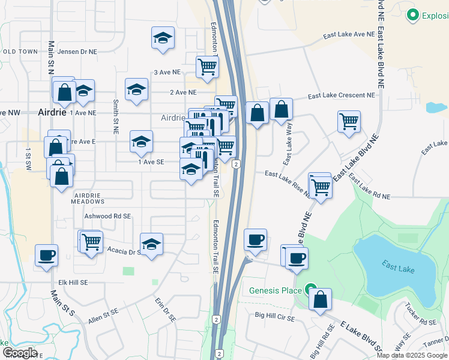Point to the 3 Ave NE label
point(167,72)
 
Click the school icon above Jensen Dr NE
point(163,38)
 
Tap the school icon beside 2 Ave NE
point(137,90)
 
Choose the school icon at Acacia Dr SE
point(152,244)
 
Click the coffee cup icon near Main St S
point(47,256)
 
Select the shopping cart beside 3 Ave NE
point(207,67)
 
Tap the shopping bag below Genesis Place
point(321,299)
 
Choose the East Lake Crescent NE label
point(342,95)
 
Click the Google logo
point(20,353)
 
